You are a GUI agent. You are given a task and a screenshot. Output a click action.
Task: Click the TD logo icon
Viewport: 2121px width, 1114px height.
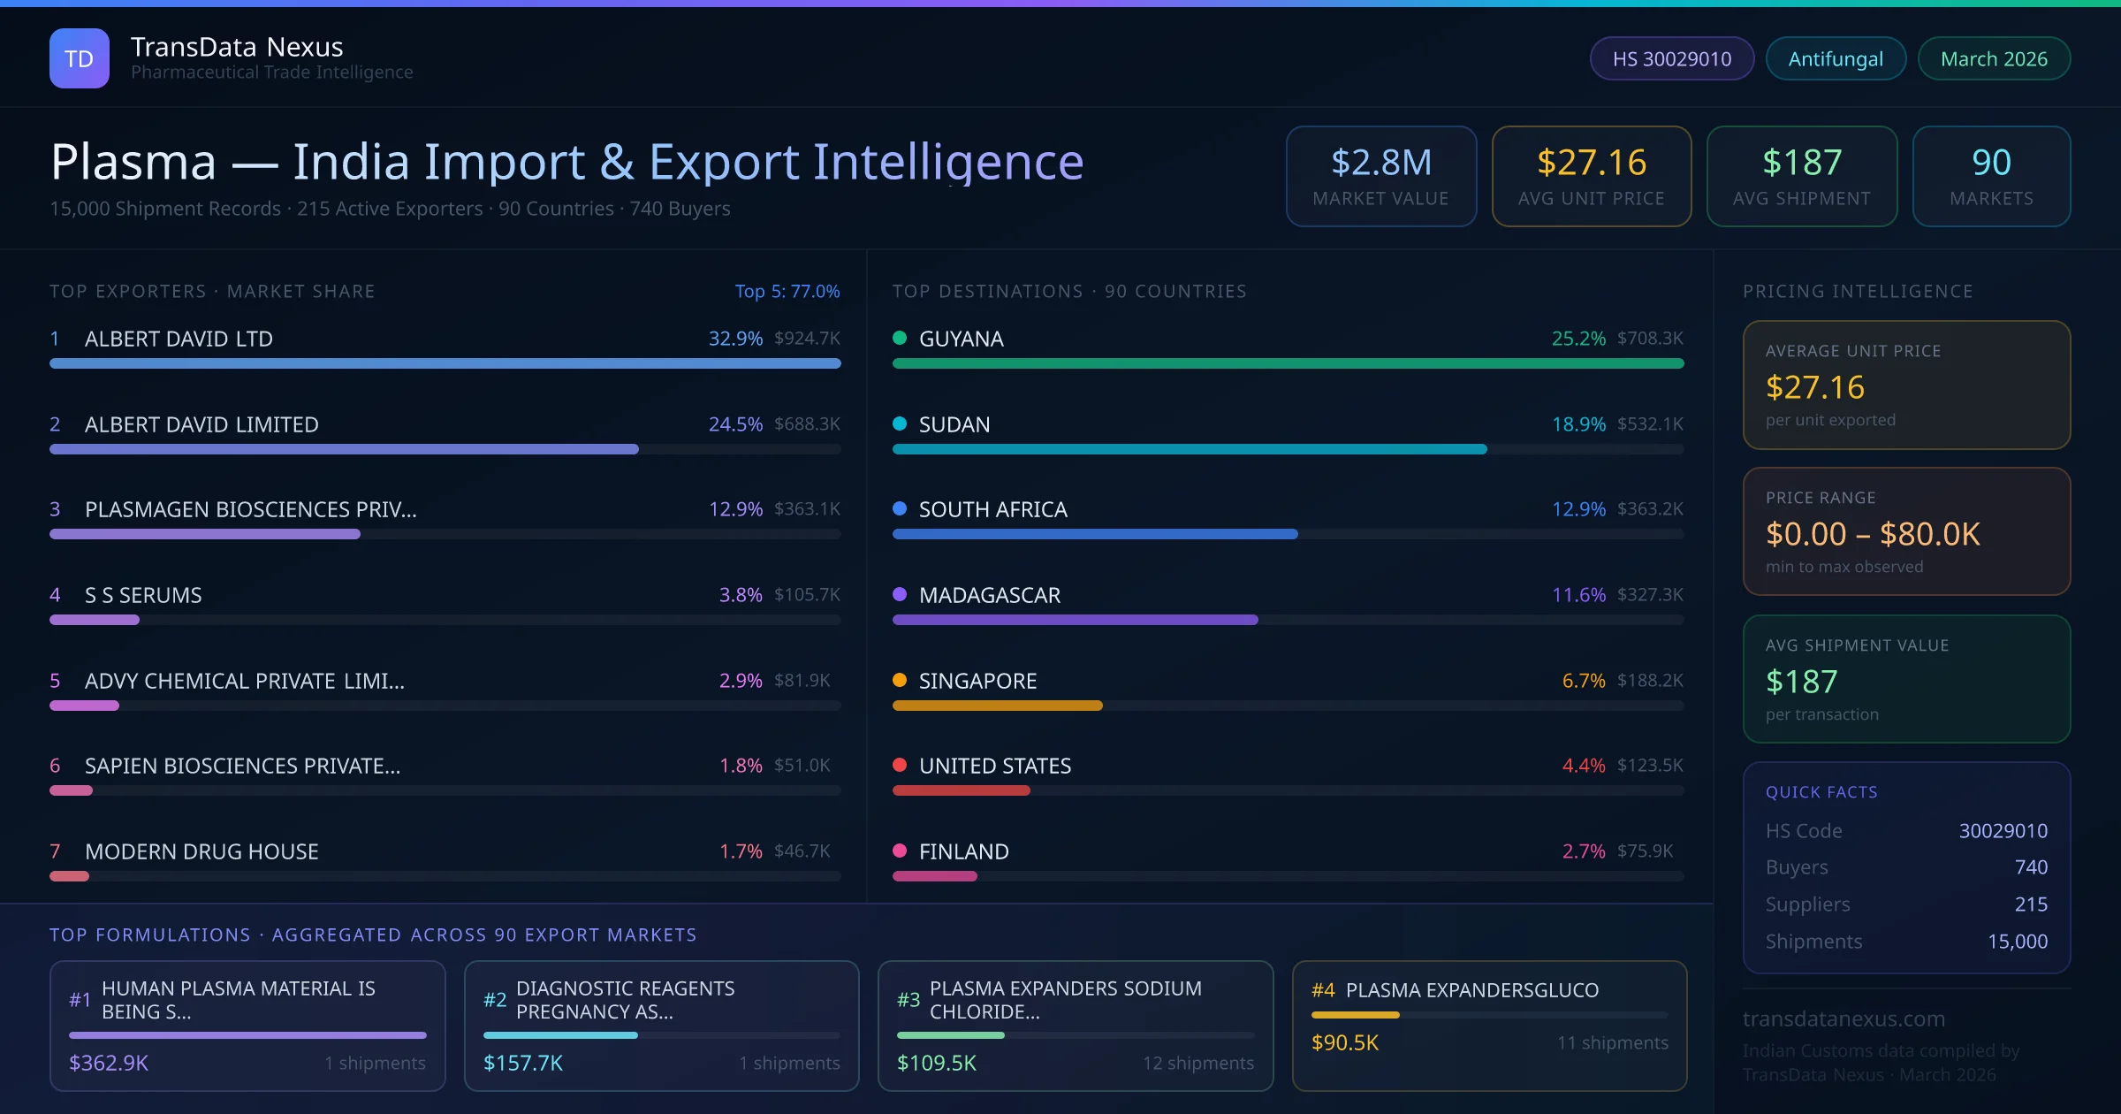point(79,58)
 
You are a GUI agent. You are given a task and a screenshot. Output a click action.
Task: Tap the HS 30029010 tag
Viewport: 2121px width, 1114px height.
point(1671,58)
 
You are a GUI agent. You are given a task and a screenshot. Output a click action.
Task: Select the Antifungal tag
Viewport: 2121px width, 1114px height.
point(1835,58)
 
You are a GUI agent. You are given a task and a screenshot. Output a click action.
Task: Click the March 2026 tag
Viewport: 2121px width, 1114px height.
point(1993,58)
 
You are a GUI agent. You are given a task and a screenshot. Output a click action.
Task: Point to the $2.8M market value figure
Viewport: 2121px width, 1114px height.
point(1380,163)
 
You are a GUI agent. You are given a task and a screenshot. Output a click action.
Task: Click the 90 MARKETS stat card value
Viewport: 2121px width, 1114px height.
point(1991,163)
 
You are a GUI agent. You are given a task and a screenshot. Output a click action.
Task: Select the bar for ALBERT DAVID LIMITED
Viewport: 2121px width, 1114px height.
point(344,449)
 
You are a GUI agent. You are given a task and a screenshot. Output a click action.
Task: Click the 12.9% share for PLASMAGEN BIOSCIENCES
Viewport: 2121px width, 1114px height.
point(735,509)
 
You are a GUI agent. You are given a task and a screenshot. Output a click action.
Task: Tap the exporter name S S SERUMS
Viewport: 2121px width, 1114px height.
point(143,595)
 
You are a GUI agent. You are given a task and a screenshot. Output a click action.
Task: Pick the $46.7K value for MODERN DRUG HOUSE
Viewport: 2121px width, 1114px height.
point(802,851)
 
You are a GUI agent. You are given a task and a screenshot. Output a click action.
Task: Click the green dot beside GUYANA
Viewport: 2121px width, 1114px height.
point(900,338)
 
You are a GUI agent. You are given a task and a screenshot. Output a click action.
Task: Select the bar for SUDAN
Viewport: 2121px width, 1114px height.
point(1189,449)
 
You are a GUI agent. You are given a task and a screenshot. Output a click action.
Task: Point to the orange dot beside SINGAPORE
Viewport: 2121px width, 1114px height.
point(900,680)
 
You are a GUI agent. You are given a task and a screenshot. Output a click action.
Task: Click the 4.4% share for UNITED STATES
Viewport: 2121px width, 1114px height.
point(1583,766)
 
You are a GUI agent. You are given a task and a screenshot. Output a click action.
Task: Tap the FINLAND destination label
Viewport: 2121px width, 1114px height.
point(963,851)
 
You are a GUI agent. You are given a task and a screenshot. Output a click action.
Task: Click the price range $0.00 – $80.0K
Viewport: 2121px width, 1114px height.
point(1872,534)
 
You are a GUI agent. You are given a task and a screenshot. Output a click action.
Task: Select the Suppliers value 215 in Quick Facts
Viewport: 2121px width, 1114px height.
point(2030,904)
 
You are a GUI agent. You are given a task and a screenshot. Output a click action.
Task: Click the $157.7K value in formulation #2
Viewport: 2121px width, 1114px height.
point(522,1063)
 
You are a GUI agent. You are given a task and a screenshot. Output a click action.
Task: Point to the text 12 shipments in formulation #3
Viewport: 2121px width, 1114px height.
point(1197,1063)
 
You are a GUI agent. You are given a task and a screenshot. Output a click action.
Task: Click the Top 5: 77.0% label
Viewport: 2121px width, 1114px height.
point(787,291)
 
